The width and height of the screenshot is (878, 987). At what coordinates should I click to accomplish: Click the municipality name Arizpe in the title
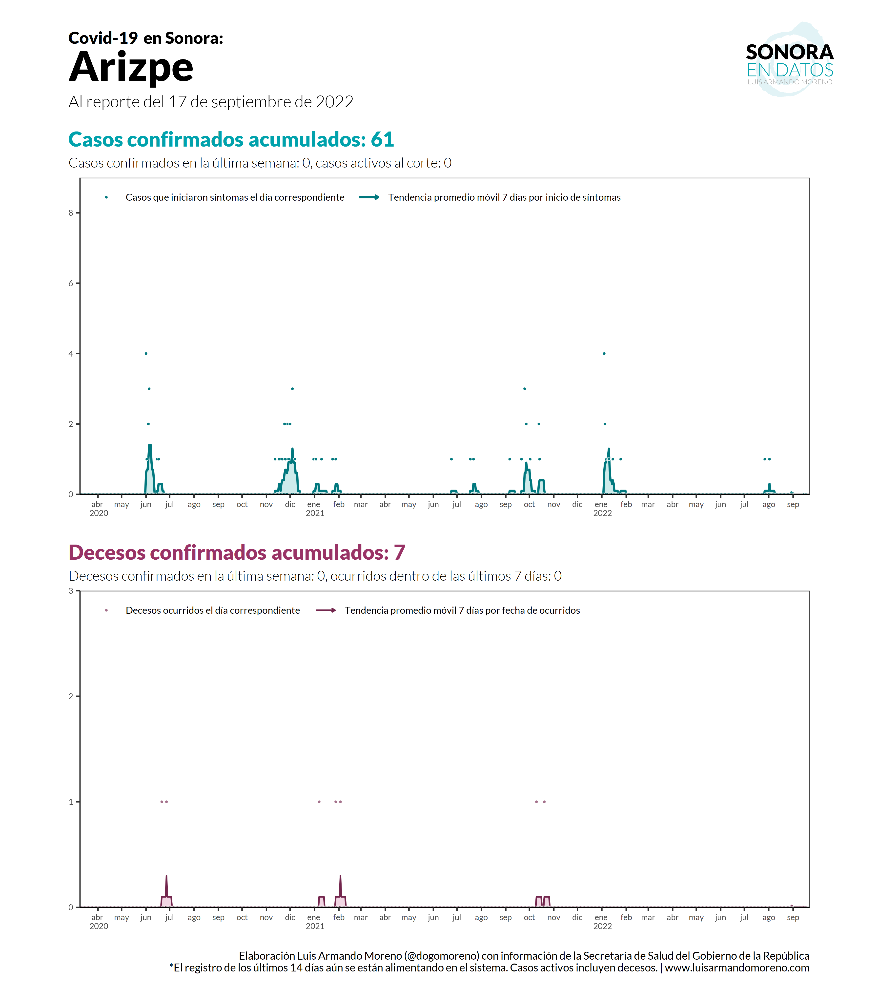click(x=131, y=68)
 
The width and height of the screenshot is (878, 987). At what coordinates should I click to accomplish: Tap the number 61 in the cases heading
click(x=382, y=140)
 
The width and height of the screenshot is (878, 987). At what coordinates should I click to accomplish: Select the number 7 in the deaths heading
click(x=399, y=552)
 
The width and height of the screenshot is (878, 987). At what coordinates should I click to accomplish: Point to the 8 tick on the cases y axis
click(x=71, y=213)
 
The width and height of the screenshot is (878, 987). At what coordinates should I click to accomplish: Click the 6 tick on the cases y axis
click(x=71, y=284)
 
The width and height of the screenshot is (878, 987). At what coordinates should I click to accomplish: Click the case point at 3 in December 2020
click(x=292, y=389)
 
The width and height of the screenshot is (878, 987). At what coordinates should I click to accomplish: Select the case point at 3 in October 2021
click(x=525, y=389)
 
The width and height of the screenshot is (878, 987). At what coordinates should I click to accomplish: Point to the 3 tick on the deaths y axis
click(x=71, y=591)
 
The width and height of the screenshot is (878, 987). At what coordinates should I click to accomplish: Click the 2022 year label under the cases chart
click(x=603, y=513)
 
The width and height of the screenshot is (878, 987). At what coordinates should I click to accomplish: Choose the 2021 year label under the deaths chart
click(x=315, y=926)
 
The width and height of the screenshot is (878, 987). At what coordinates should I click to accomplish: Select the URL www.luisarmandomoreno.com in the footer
click(x=737, y=968)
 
